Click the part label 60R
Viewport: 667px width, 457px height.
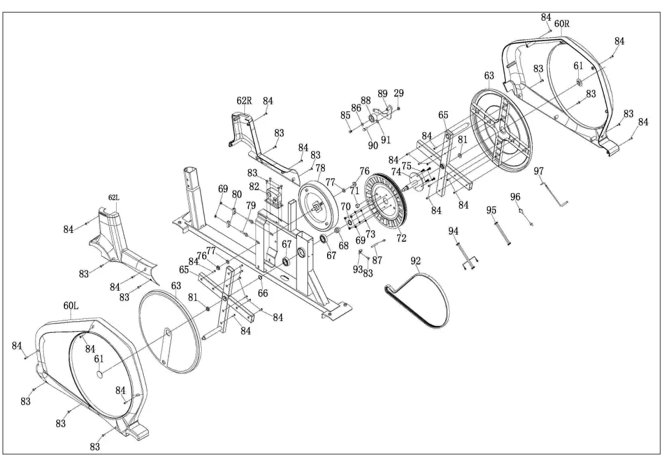coord(561,23)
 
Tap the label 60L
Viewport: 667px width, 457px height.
coord(71,306)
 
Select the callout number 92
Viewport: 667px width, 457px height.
coord(415,261)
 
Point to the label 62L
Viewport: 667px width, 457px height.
coord(114,198)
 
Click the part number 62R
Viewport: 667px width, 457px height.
coord(244,101)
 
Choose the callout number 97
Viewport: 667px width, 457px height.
coord(539,171)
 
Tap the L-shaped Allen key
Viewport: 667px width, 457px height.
coord(554,195)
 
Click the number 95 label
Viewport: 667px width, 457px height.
coord(492,210)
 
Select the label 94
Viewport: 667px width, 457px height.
coord(454,231)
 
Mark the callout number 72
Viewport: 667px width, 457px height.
coord(402,238)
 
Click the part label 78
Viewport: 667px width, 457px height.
coord(320,168)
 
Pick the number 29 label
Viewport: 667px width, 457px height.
coord(399,93)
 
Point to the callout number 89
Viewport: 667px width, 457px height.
coord(383,94)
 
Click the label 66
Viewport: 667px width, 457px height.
coord(263,293)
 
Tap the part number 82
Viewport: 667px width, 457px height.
coord(254,186)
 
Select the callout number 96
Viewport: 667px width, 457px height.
coord(515,197)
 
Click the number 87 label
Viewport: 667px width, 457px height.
coord(377,260)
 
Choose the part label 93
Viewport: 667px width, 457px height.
coord(358,269)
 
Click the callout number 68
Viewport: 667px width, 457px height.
coord(344,245)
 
